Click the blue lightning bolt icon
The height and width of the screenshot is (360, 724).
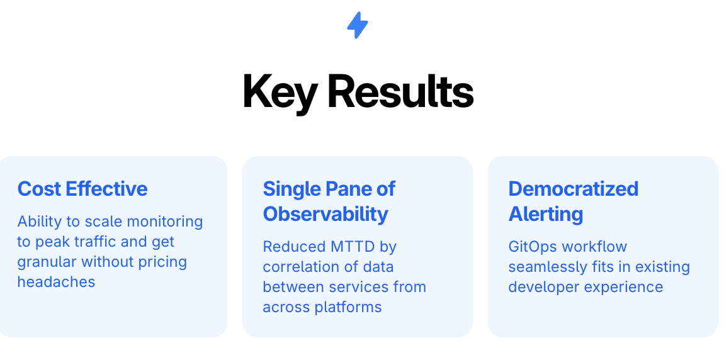click(358, 25)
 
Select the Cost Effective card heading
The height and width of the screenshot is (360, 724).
click(82, 189)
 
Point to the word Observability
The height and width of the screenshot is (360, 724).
click(325, 214)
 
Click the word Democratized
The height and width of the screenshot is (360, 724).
click(574, 189)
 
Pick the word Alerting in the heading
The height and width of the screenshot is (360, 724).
click(546, 214)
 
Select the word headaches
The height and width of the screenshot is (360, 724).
click(56, 281)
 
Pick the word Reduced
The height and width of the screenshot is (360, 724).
click(294, 247)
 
